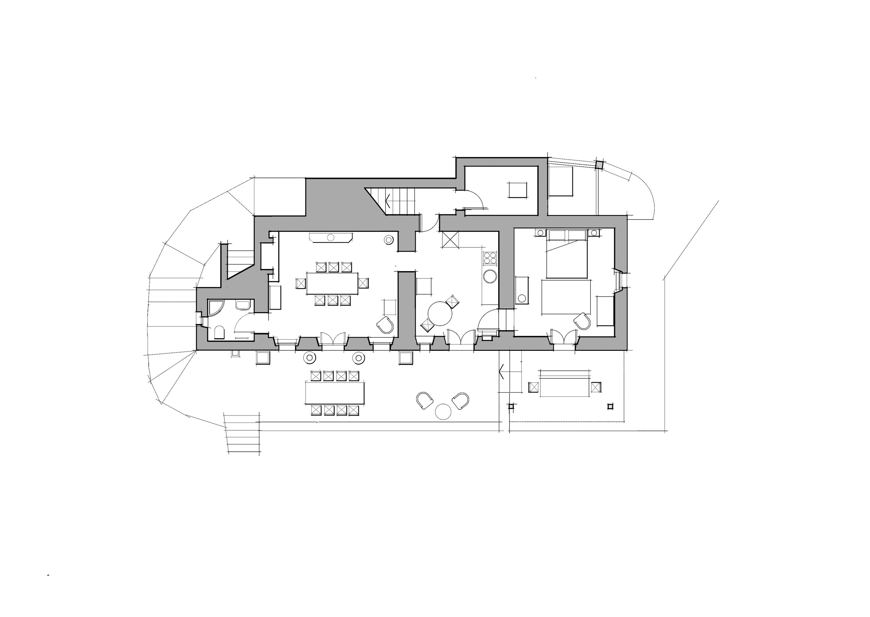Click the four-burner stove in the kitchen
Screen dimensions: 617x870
[x=490, y=258]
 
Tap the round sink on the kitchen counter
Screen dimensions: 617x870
[x=490, y=276]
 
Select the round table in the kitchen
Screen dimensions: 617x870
[x=440, y=314]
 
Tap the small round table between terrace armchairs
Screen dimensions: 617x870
[x=443, y=411]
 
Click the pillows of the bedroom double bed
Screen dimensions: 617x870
[x=567, y=236]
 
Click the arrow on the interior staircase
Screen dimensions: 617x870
[x=388, y=200]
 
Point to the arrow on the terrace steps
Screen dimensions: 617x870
[x=501, y=372]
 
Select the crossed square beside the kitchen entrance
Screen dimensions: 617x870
[x=451, y=240]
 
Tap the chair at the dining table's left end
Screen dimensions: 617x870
[x=301, y=283]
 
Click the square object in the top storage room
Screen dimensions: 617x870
[x=518, y=190]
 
